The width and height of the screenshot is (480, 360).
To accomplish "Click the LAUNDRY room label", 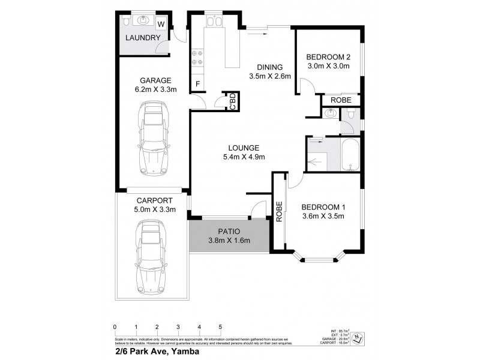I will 143,38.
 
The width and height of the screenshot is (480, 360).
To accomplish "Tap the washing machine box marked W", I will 161,24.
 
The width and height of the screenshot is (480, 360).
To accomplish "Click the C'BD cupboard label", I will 230,101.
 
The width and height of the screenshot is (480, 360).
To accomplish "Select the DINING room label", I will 269,67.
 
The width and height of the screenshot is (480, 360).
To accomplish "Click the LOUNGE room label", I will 243,148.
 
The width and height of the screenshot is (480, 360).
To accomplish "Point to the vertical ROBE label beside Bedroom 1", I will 279,212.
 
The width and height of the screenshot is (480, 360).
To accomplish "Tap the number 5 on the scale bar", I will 220,327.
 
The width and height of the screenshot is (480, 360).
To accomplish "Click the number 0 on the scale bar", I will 115,327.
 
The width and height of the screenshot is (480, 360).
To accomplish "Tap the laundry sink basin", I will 143,21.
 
